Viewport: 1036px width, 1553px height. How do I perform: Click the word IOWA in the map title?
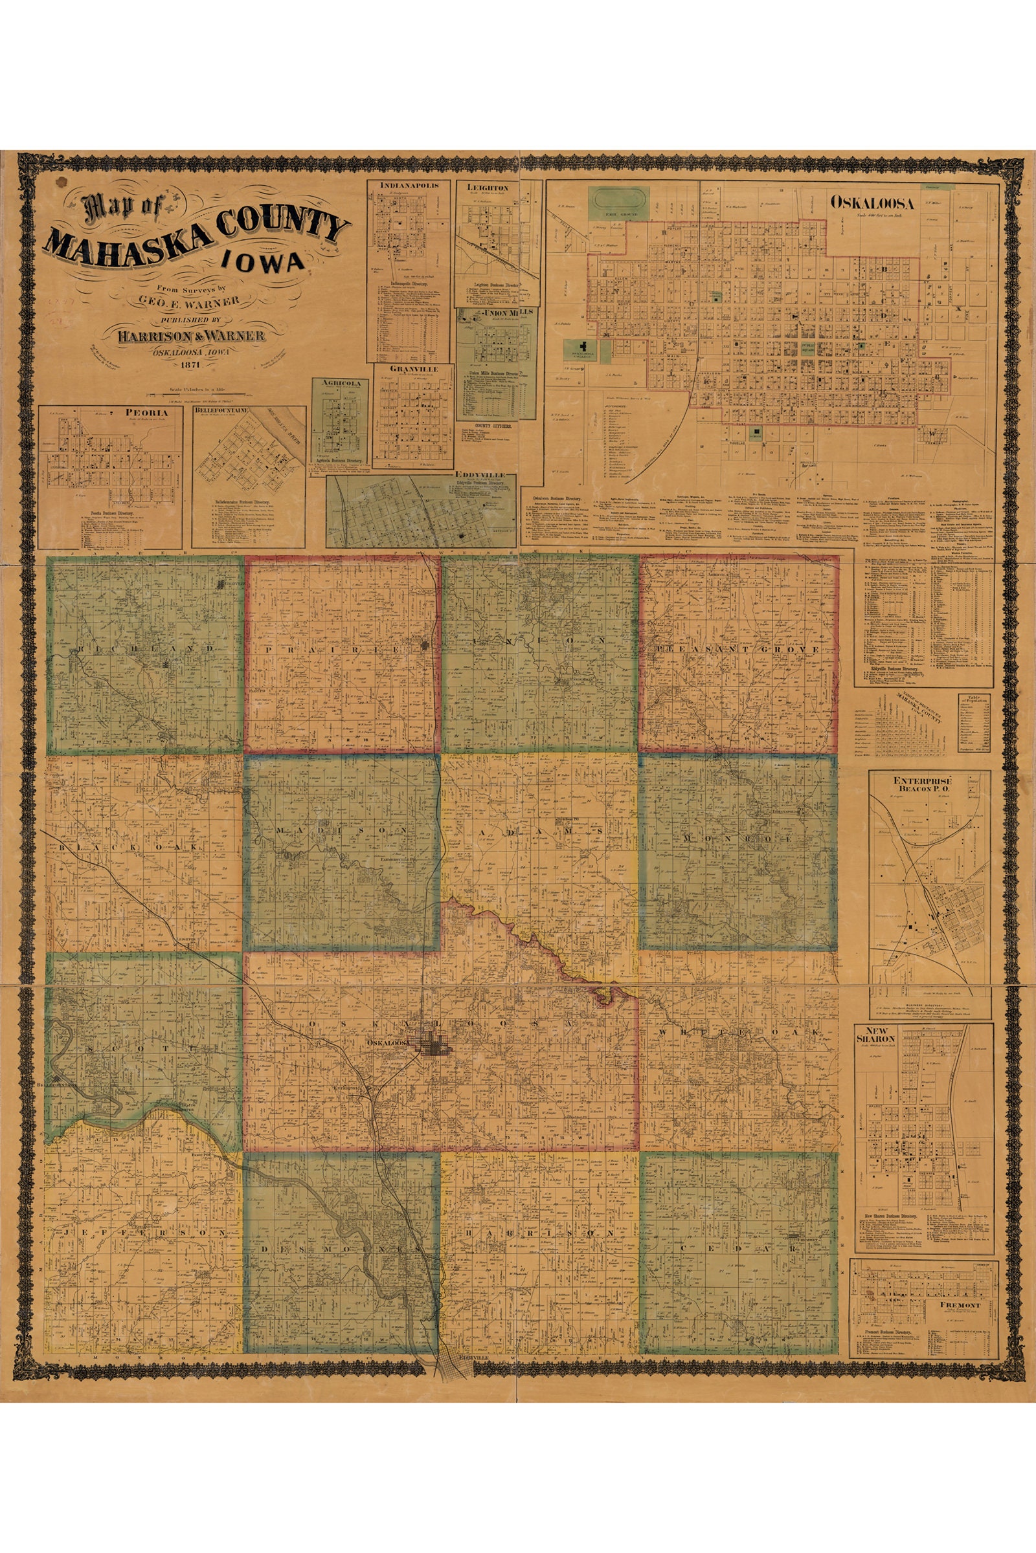pyautogui.click(x=264, y=262)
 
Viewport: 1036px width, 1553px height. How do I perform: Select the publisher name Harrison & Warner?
pyautogui.click(x=192, y=336)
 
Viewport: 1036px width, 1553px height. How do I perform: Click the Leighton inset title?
pyautogui.click(x=488, y=188)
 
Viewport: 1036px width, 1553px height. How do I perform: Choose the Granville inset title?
pyautogui.click(x=412, y=368)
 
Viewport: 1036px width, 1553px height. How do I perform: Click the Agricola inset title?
pyautogui.click(x=342, y=382)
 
